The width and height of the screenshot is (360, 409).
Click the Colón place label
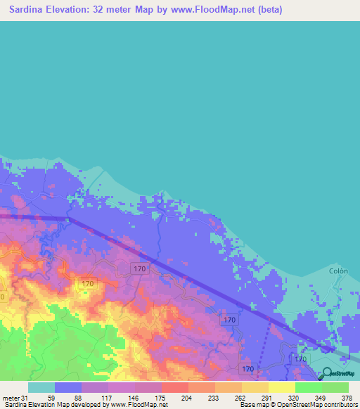point(338,270)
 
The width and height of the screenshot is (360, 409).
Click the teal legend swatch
point(41,387)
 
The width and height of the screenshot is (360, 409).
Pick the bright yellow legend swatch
point(281,387)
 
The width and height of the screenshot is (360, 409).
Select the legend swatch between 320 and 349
point(308,387)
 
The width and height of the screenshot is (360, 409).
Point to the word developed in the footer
point(90,405)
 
